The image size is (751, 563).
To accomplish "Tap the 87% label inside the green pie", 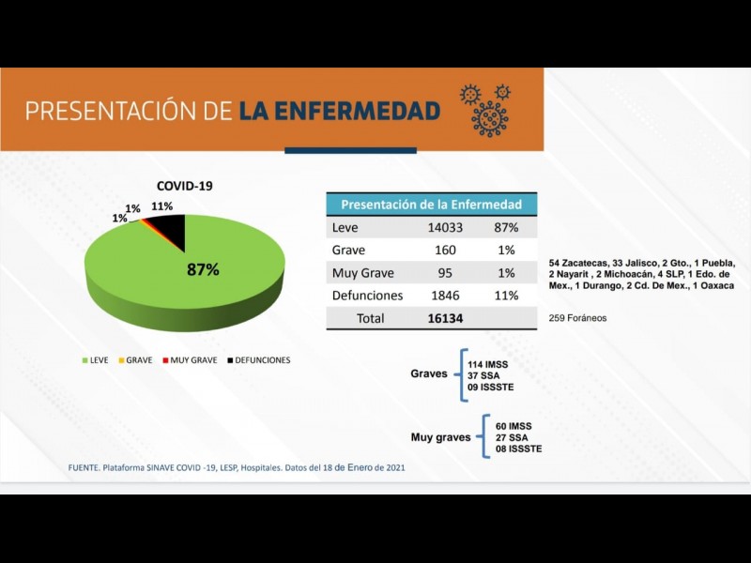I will pyautogui.click(x=203, y=269).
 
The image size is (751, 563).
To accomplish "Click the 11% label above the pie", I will pyautogui.click(x=161, y=206).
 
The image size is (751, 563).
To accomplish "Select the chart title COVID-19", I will pyautogui.click(x=184, y=186).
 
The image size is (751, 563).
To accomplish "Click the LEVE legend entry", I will pyautogui.click(x=98, y=360).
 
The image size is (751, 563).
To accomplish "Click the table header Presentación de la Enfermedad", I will pyautogui.click(x=431, y=205).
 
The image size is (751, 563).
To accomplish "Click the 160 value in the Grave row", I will pyautogui.click(x=445, y=251).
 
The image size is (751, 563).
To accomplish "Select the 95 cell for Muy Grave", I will pyautogui.click(x=445, y=273).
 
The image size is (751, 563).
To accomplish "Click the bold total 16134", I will pyautogui.click(x=445, y=318).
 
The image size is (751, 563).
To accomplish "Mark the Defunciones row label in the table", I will pyautogui.click(x=367, y=296).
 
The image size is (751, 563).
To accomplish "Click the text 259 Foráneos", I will pyautogui.click(x=577, y=318).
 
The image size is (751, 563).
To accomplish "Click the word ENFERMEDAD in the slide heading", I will pyautogui.click(x=339, y=111).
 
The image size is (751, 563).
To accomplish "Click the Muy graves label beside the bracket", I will pyautogui.click(x=440, y=437).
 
